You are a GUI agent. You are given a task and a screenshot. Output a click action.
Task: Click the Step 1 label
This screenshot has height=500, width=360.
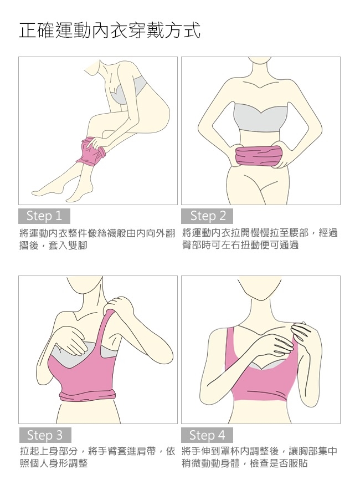coord(44,216)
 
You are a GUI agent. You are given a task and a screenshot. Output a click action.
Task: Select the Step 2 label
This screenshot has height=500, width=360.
coord(207,216)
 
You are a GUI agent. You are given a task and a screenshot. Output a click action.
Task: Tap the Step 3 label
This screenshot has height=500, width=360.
coord(45,435)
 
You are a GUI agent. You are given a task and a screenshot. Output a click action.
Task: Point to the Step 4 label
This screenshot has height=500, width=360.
coord(207,435)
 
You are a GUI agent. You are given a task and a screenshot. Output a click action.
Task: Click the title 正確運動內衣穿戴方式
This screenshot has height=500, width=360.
coord(110,30)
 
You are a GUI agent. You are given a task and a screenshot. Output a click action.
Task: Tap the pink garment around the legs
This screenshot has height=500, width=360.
coord(92,151)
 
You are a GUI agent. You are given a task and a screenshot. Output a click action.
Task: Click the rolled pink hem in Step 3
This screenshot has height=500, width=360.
coord(88,395)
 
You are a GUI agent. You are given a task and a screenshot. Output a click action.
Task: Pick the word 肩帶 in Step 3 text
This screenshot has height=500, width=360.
coord(146,451)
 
